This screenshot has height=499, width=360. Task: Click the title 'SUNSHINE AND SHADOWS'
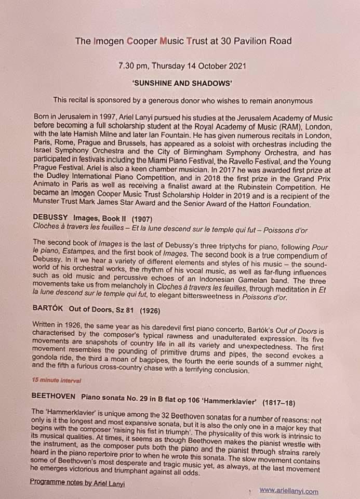(180, 83)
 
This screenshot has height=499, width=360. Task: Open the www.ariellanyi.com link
(288, 490)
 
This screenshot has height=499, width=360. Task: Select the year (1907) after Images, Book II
(138, 217)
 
